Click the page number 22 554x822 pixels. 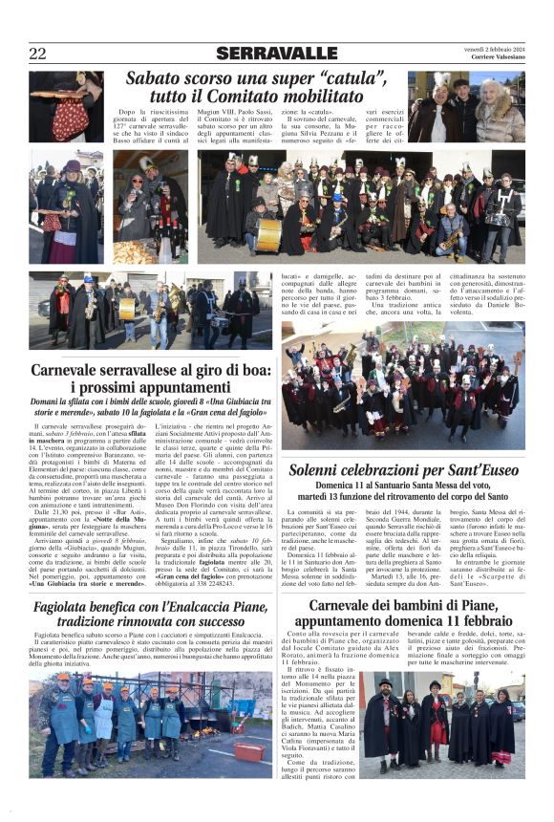[x=38, y=54]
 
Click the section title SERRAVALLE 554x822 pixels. [x=276, y=54]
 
